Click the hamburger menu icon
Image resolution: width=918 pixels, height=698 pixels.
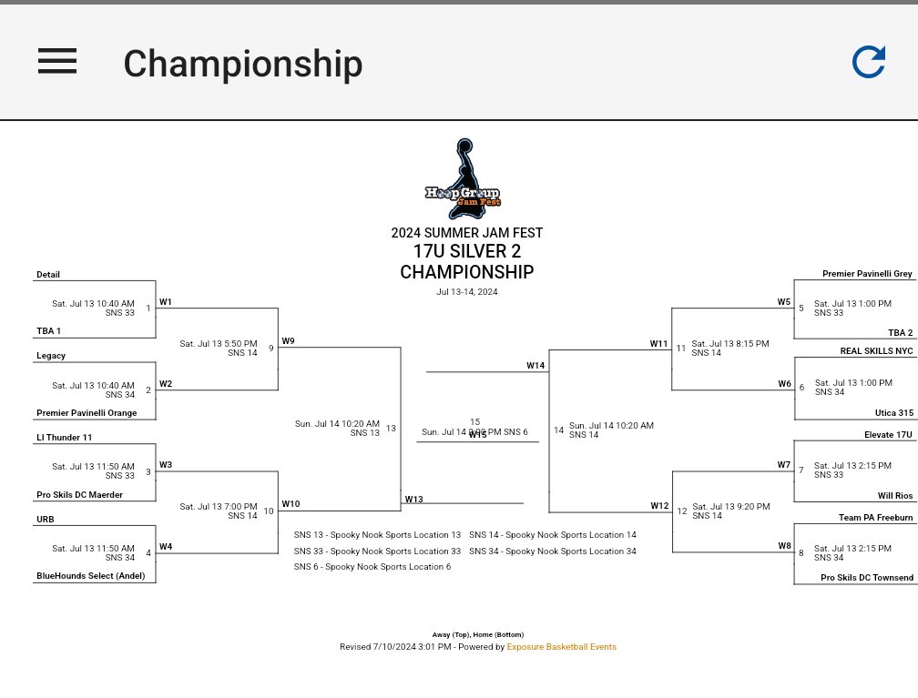pyautogui.click(x=57, y=62)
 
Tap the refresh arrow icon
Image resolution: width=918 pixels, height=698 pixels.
pyautogui.click(x=869, y=62)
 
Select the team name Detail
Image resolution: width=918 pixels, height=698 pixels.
pyautogui.click(x=48, y=275)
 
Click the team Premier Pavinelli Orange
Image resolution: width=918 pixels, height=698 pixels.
pyautogui.click(x=87, y=413)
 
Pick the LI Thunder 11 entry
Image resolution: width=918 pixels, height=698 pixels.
pyautogui.click(x=65, y=438)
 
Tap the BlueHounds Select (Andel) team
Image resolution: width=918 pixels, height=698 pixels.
pyautogui.click(x=90, y=576)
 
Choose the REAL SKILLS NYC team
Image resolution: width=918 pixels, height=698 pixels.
pyautogui.click(x=876, y=350)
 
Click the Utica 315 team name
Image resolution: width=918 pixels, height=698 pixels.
pyautogui.click(x=893, y=413)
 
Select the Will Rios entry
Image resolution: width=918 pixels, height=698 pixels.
pyautogui.click(x=894, y=496)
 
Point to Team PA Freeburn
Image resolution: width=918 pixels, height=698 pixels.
pyautogui.click(x=875, y=518)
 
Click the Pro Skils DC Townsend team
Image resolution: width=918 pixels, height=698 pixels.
pyautogui.click(x=867, y=578)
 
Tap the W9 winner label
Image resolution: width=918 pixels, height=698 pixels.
pyautogui.click(x=288, y=341)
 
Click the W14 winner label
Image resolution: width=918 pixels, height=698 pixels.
pyautogui.click(x=535, y=366)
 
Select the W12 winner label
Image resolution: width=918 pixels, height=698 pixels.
pyautogui.click(x=659, y=506)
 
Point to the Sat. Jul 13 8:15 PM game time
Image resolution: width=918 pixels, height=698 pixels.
pyautogui.click(x=730, y=344)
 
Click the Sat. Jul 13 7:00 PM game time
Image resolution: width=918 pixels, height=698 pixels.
pyautogui.click(x=219, y=507)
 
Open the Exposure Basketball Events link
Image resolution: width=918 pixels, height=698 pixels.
pyautogui.click(x=561, y=647)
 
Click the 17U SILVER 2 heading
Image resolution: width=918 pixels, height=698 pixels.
pyautogui.click(x=466, y=252)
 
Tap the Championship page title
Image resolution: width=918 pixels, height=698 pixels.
pyautogui.click(x=242, y=64)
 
